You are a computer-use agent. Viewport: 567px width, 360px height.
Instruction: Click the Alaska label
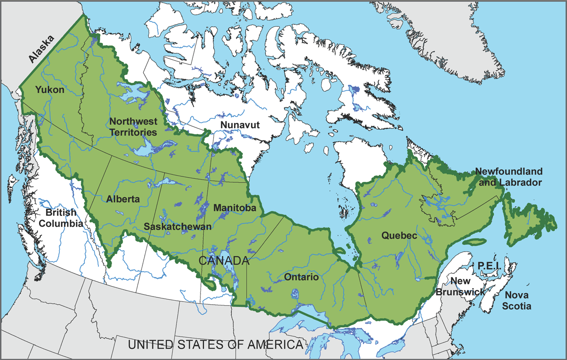click(40, 49)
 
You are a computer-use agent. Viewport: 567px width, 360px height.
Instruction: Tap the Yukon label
click(50, 90)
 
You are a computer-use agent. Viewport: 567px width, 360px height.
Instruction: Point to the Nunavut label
click(240, 125)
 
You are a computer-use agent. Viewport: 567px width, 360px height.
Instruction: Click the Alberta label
click(123, 199)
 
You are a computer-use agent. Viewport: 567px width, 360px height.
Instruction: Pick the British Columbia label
click(61, 218)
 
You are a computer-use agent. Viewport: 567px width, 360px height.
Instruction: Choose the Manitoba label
click(235, 208)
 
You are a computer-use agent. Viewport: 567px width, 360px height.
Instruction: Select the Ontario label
click(301, 277)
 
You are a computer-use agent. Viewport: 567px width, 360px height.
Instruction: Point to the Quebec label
click(399, 236)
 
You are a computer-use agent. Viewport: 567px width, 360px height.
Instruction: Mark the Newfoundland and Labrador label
click(508, 177)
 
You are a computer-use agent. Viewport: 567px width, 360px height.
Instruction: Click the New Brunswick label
click(460, 287)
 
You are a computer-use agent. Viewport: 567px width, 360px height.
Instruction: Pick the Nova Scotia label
click(518, 300)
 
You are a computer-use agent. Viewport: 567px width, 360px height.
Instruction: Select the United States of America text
click(215, 345)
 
